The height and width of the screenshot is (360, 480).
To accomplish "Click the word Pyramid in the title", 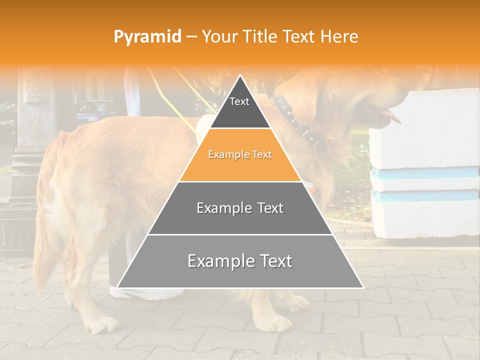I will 147,37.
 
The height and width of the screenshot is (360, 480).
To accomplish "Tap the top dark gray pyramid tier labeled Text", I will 239,107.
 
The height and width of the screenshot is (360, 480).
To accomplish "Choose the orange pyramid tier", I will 240,155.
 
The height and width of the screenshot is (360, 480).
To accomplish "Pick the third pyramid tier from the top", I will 240,208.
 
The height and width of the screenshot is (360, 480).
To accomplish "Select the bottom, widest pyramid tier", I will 240,261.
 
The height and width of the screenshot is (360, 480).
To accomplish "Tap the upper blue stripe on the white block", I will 425,173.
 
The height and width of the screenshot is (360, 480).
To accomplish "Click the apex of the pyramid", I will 240,77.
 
